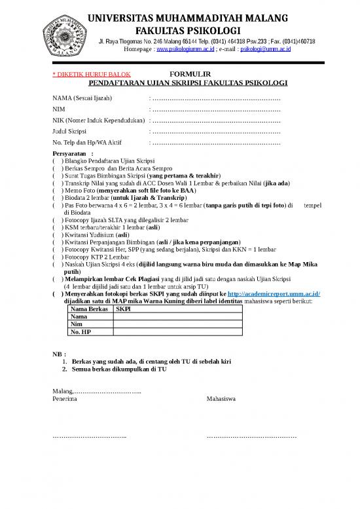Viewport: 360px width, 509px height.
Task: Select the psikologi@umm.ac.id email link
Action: [x=266, y=48]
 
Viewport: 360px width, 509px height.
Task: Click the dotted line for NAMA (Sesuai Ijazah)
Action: [x=217, y=99]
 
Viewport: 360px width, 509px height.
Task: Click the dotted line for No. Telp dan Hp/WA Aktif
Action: [x=217, y=143]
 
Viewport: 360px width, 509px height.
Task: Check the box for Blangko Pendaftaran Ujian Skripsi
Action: [x=56, y=160]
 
